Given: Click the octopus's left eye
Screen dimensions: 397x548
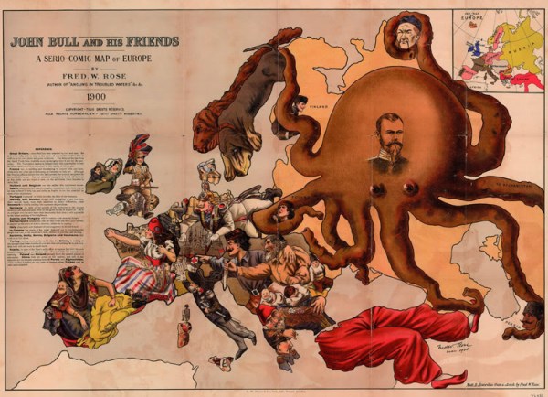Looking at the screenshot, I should [x=376, y=189].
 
